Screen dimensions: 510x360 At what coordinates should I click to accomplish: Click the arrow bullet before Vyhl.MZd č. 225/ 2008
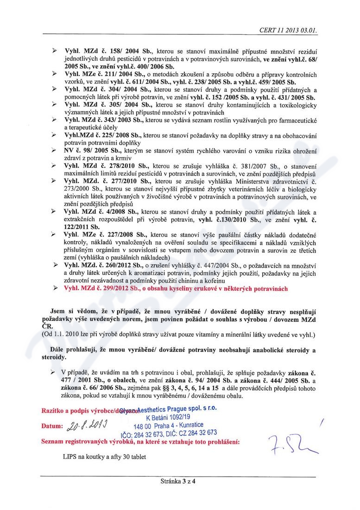[x=55, y=135]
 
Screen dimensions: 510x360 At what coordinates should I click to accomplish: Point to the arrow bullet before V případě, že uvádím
[x=55, y=373]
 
